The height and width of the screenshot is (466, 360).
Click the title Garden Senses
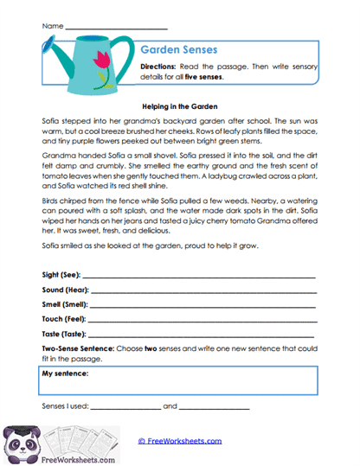pos(179,51)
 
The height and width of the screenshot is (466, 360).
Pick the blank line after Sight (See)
pos(199,276)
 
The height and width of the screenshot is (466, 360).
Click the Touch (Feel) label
pos(61,319)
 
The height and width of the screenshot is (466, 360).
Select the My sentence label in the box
pos(67,374)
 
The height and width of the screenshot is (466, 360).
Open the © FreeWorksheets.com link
pos(180,440)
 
